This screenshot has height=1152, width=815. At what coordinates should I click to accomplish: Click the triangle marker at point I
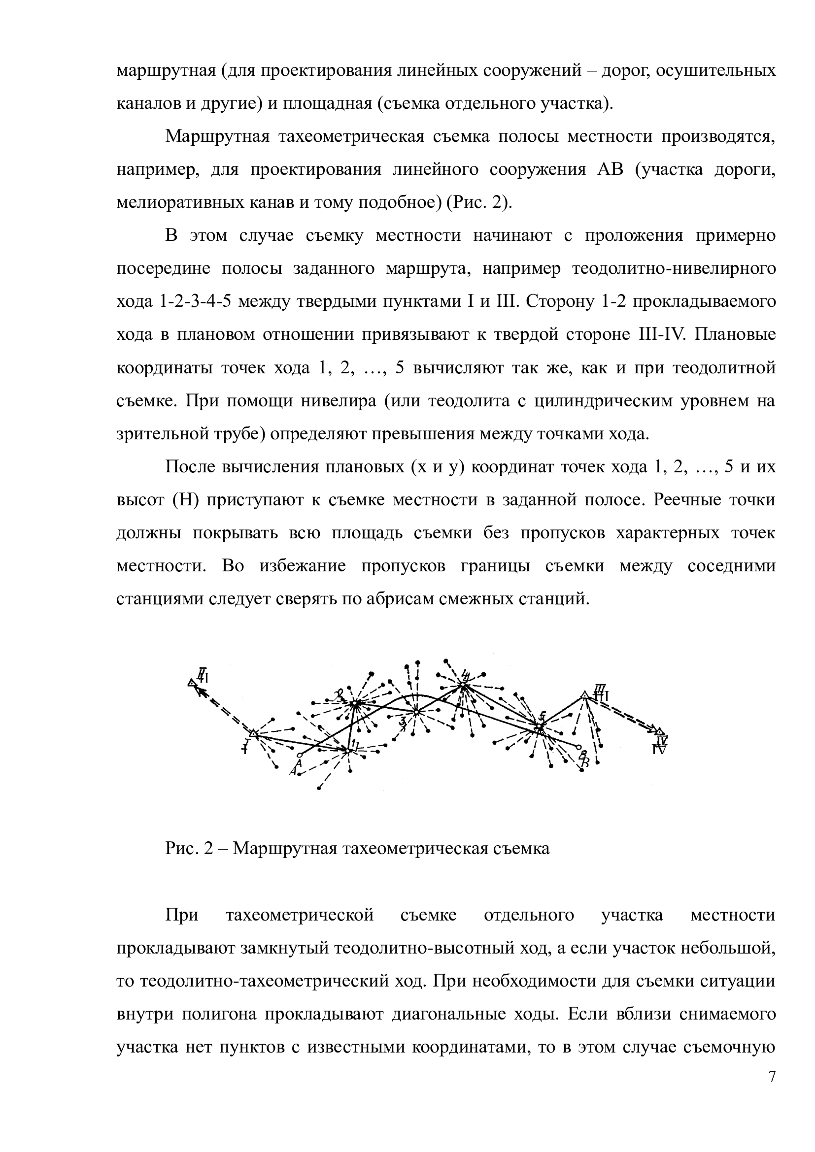[x=253, y=733]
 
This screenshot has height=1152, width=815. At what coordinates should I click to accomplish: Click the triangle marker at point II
[x=191, y=682]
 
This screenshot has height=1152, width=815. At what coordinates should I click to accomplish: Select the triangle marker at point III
[x=585, y=695]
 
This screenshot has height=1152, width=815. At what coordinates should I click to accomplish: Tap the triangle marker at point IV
[x=659, y=731]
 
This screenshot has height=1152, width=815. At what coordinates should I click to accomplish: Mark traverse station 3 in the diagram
[x=416, y=712]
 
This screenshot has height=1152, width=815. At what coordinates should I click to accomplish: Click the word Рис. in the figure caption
[x=180, y=849]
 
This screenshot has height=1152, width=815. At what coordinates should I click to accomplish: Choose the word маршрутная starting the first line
[x=164, y=70]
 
